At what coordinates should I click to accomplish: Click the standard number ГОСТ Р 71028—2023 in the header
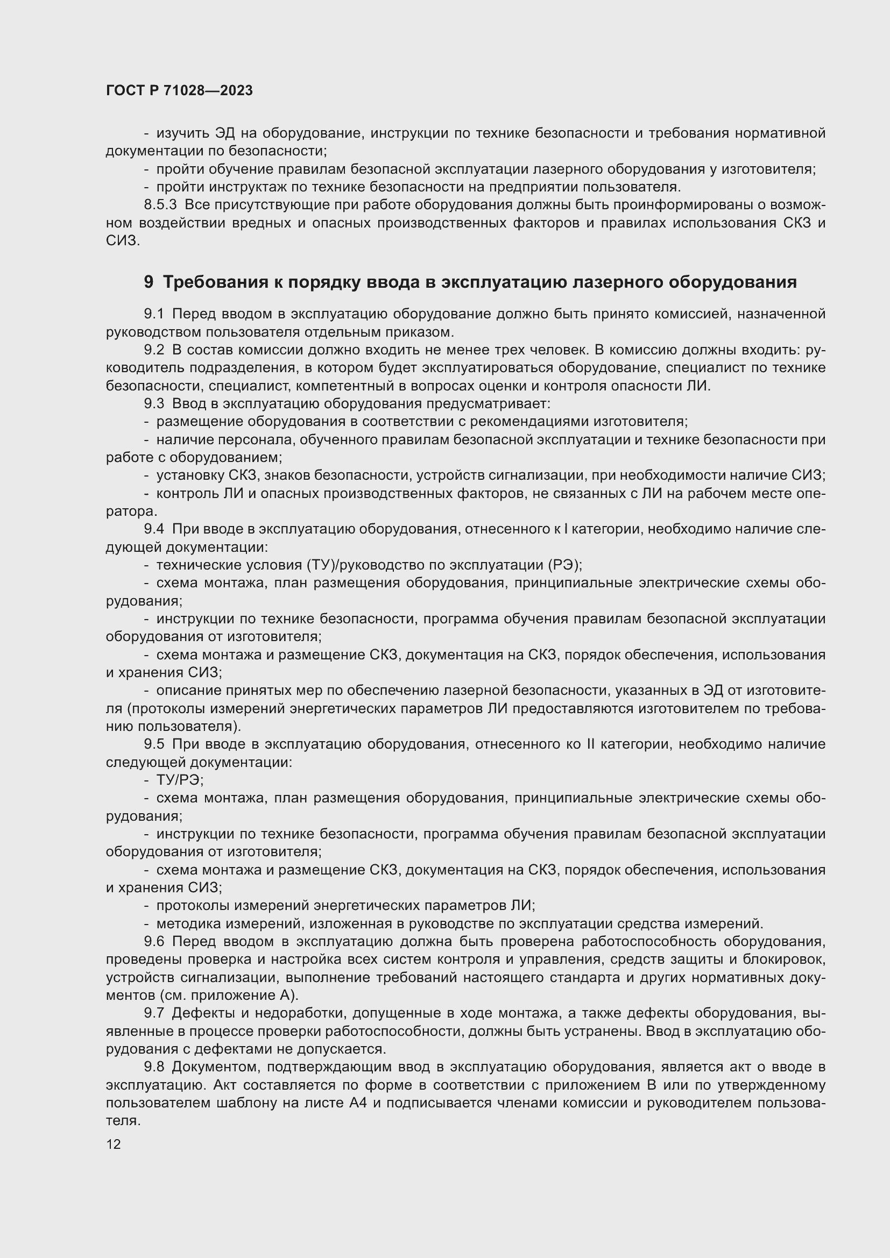pyautogui.click(x=179, y=91)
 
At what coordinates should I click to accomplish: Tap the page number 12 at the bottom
pyautogui.click(x=114, y=1144)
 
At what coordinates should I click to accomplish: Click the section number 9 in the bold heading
pyautogui.click(x=149, y=282)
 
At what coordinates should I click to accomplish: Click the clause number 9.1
pyautogui.click(x=154, y=314)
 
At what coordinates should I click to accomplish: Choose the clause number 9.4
pyautogui.click(x=154, y=529)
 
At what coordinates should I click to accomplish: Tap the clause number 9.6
pyautogui.click(x=154, y=941)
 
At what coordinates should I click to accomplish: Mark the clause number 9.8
pyautogui.click(x=154, y=1067)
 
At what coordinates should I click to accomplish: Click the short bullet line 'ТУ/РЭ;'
pyautogui.click(x=180, y=780)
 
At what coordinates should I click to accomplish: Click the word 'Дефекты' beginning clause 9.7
pyautogui.click(x=204, y=1013)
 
